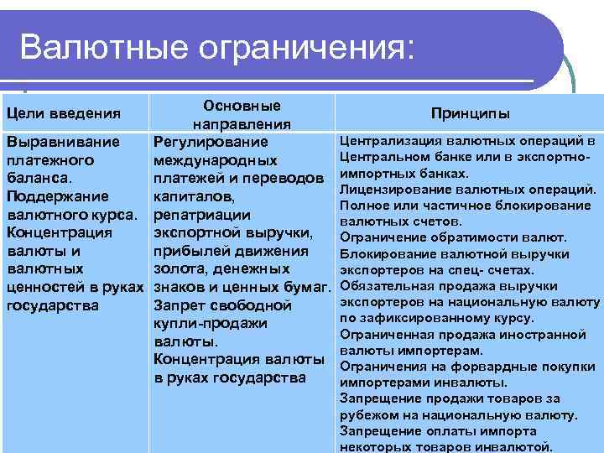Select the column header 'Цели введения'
point(63,113)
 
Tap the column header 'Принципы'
point(470,113)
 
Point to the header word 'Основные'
point(242,106)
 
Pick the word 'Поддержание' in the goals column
point(57,196)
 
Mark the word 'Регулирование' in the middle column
point(211,142)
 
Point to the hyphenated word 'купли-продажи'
point(211,323)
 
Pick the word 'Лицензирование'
point(394,190)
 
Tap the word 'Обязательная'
point(387,286)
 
